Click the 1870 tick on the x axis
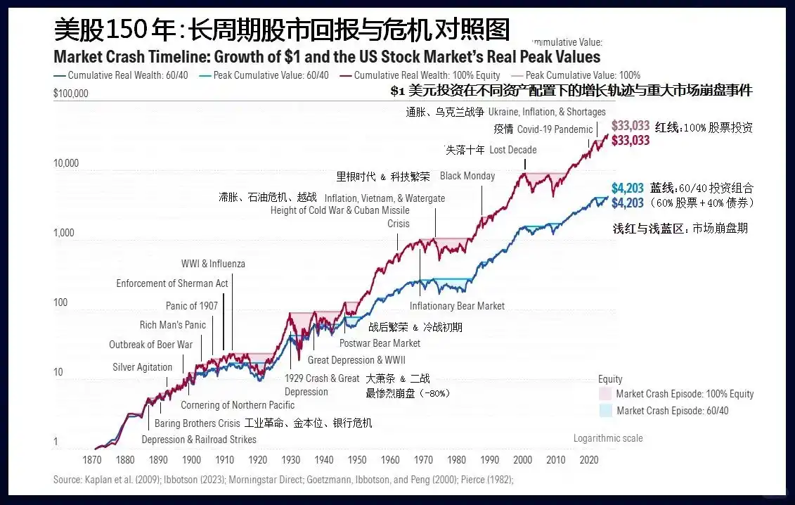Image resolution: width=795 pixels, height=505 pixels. click(92, 460)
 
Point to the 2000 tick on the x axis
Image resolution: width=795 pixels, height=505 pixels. click(522, 460)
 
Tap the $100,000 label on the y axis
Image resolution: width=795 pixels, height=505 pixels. click(71, 93)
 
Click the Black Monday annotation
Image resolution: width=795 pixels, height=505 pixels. click(467, 176)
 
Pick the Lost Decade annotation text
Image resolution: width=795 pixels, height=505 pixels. click(512, 150)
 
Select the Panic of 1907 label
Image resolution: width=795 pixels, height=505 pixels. click(191, 305)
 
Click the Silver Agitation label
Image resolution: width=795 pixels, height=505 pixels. click(142, 367)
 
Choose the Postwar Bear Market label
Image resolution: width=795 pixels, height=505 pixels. click(380, 343)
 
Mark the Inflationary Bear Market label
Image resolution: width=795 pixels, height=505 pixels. click(457, 306)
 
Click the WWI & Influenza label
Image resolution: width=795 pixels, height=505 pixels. click(213, 264)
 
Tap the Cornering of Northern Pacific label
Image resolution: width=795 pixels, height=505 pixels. click(238, 405)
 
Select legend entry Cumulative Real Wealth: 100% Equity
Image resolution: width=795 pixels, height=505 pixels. click(427, 75)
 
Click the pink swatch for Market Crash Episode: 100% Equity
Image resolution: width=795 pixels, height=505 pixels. click(605, 394)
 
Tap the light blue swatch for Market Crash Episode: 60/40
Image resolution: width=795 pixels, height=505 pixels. click(605, 411)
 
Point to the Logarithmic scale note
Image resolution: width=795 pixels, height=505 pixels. click(607, 438)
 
